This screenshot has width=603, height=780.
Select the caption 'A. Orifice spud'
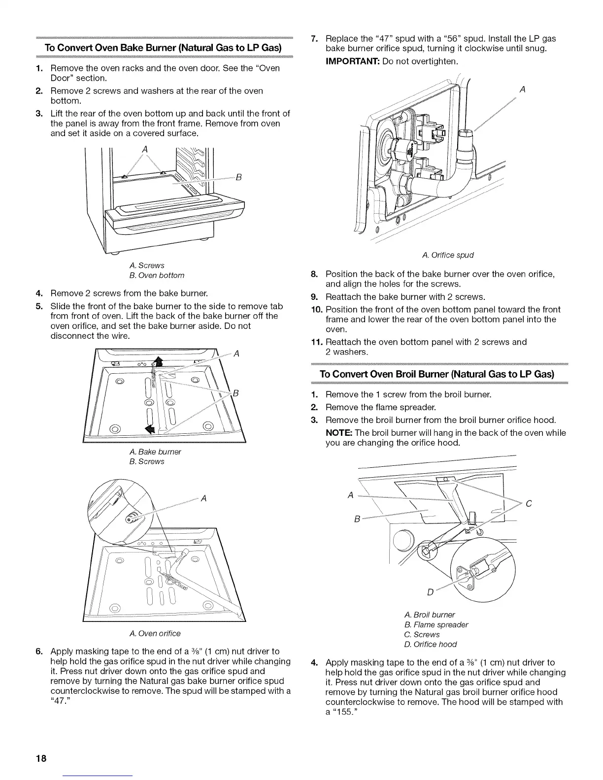point(448,255)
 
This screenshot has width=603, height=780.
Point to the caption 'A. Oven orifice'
point(155,633)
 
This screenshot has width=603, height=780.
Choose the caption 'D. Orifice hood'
point(430,644)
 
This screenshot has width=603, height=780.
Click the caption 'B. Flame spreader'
point(435,624)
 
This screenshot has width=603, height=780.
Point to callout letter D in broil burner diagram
point(430,592)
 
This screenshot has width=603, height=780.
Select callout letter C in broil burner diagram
point(528,504)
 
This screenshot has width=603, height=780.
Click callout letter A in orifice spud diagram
point(522,90)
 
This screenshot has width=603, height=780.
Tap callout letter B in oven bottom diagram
point(238,178)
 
